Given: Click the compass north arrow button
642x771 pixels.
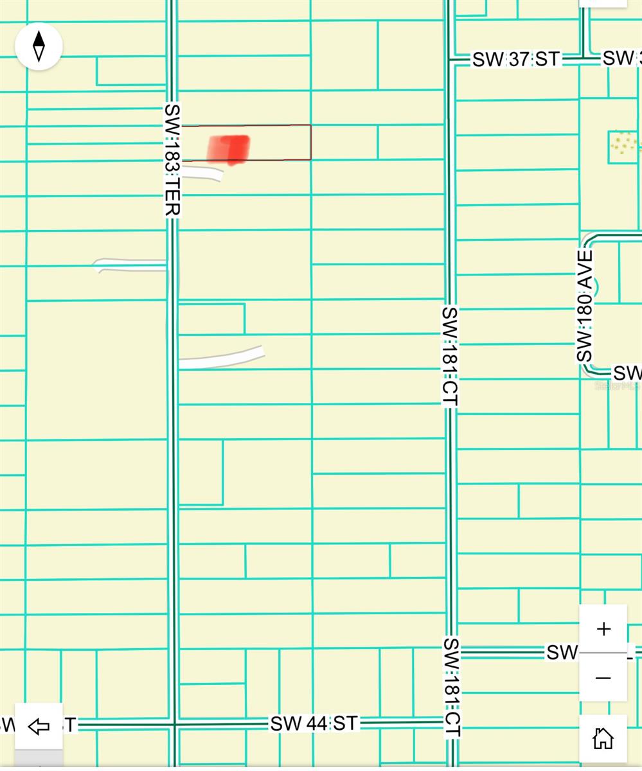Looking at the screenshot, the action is pos(39,46).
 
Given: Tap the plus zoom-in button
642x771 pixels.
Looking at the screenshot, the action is pos(603,628).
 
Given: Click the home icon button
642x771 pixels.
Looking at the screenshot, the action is pos(603,739).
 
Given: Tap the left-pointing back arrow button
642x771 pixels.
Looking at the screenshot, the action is pos(39,726).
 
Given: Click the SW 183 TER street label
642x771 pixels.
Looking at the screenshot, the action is pos(172,160).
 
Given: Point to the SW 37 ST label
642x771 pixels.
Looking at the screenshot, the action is pos(517,59).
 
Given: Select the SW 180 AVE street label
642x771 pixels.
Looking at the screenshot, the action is pos(585,306).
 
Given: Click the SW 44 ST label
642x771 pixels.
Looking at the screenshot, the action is pos(314,723).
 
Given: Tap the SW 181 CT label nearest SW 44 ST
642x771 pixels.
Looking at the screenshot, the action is pos(451,687).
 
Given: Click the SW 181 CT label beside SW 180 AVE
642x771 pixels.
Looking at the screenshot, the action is pos(450,356).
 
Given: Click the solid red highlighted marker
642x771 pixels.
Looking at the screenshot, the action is pos(229,148).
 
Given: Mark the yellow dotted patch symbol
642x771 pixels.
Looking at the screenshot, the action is pos(622,143).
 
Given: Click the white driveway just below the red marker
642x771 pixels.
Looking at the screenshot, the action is pos(202,172).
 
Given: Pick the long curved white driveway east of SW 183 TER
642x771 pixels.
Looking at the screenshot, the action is pos(222,358).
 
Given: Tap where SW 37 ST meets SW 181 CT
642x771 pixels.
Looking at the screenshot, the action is pos(450,60).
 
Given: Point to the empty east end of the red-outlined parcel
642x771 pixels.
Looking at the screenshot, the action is pos(283,142).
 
